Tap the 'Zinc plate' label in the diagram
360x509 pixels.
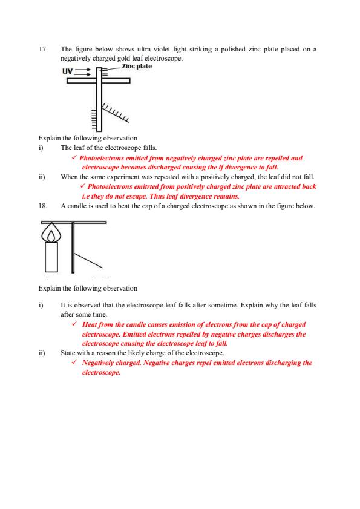(x=137, y=65)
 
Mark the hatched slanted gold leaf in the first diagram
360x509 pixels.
(x=116, y=110)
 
